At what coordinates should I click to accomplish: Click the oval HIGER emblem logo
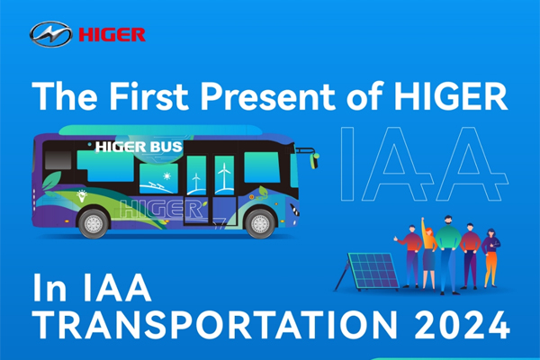[51, 34]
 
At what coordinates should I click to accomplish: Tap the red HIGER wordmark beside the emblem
[112, 35]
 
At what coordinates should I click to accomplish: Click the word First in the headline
[148, 96]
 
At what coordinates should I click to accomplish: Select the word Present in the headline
[268, 96]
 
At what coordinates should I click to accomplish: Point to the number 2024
[463, 325]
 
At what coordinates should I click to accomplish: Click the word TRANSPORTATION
[217, 325]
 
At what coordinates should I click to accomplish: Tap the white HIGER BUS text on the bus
[139, 147]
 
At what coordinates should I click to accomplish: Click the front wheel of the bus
[260, 223]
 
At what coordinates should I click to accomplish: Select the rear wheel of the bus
[94, 224]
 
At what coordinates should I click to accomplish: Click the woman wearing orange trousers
[490, 257]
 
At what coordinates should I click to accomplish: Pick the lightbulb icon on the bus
[82, 195]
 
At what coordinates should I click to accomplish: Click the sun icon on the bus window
[167, 176]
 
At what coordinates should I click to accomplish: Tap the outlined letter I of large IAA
[347, 164]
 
